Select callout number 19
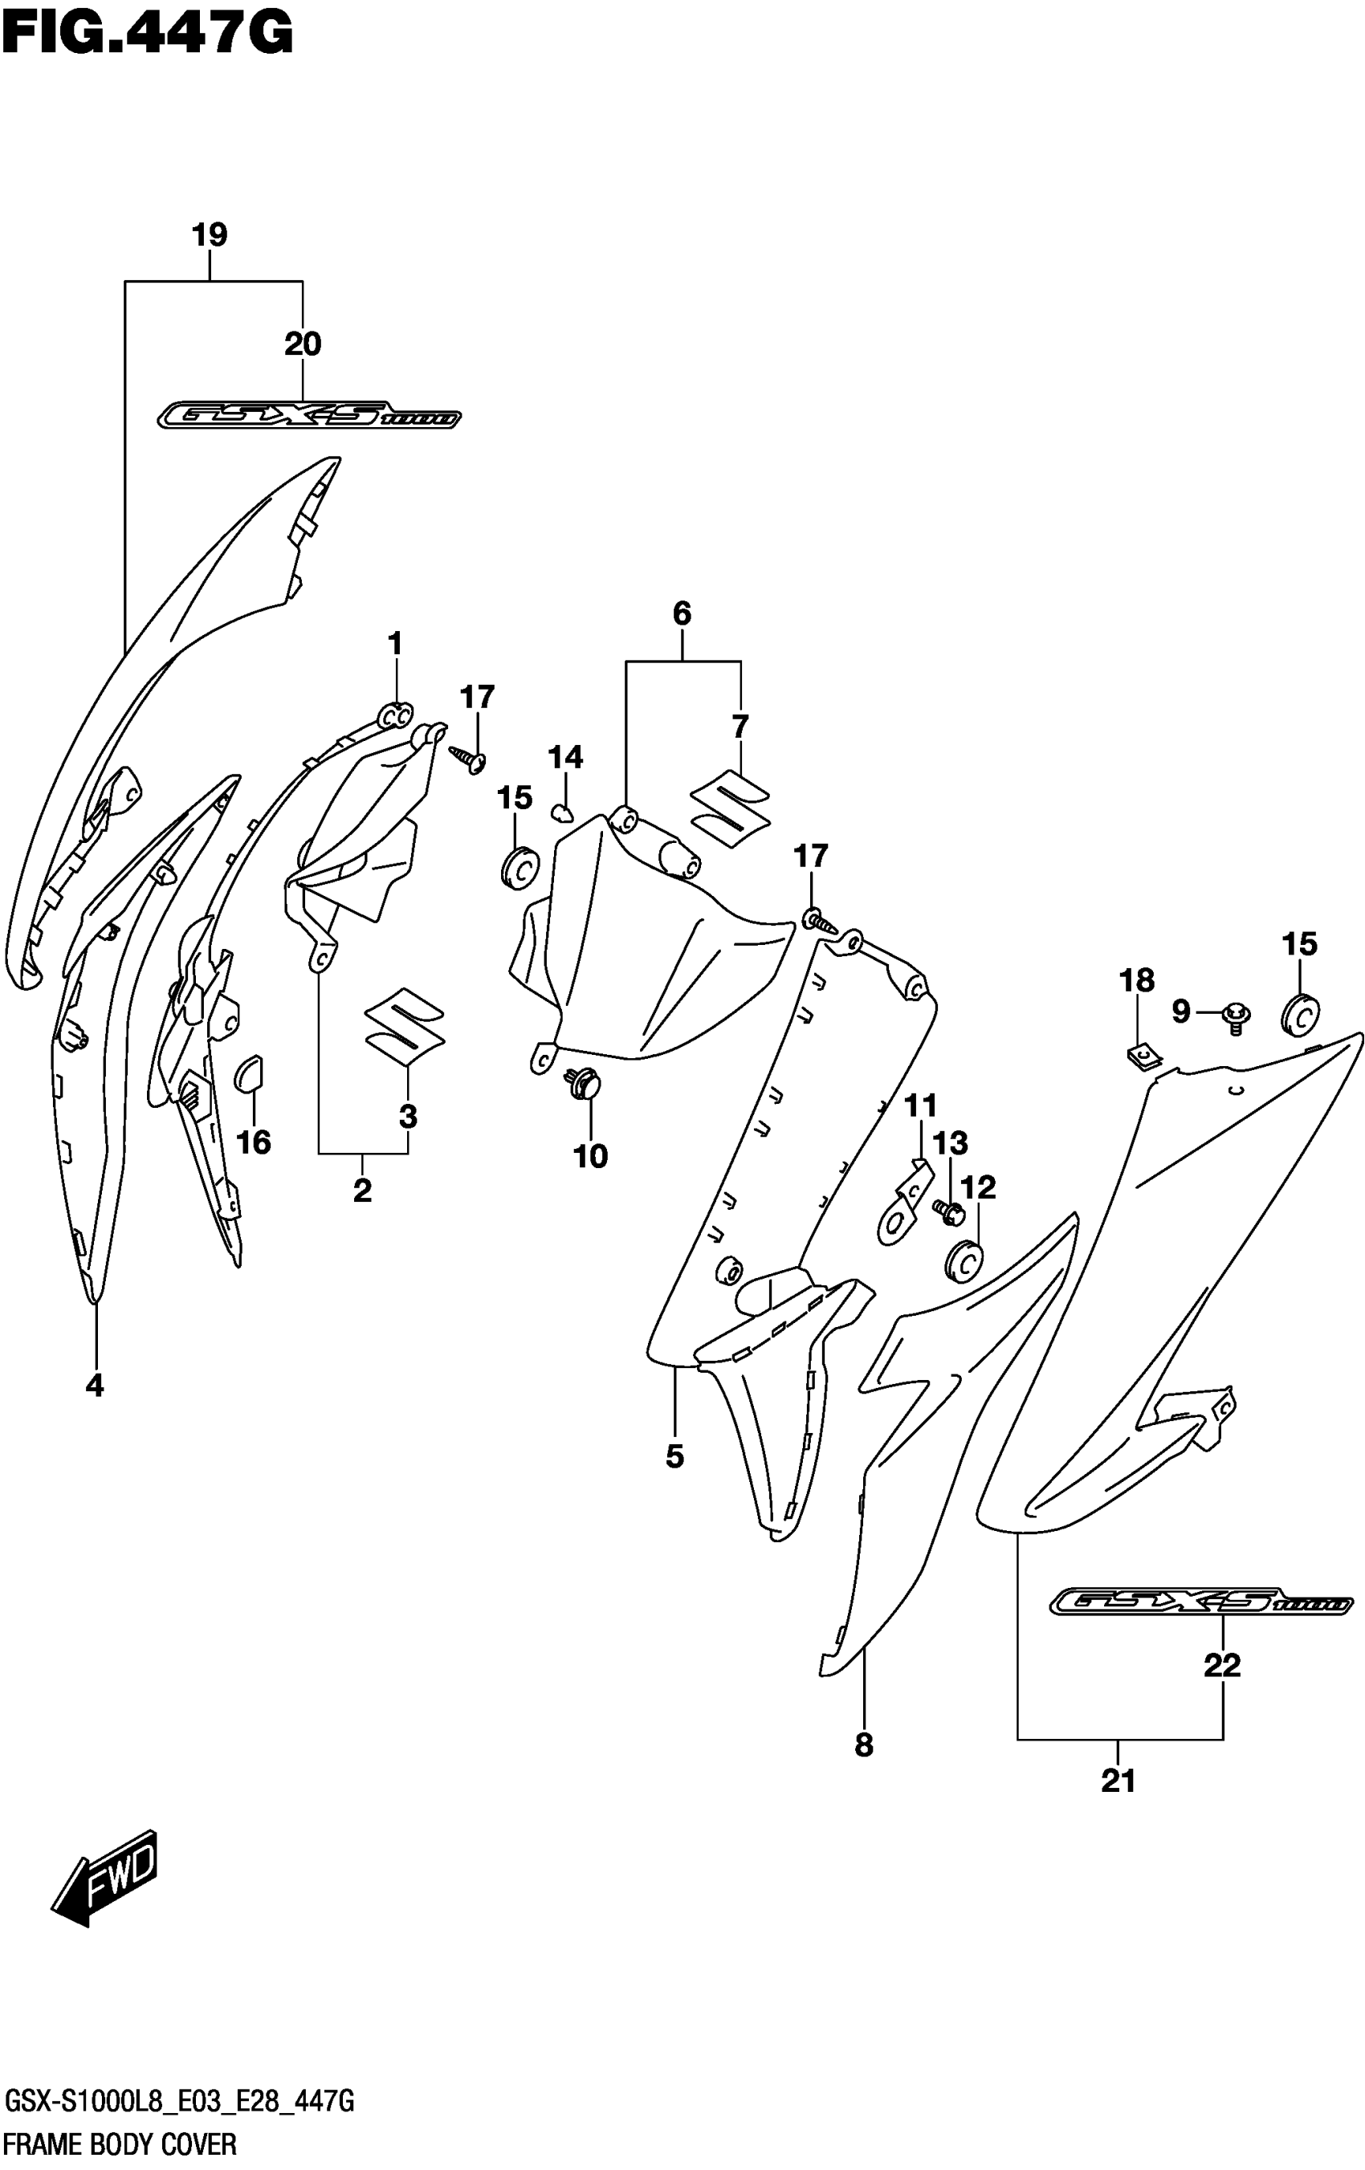[210, 235]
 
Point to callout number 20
[303, 344]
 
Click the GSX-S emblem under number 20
[309, 415]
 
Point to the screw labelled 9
[1235, 1015]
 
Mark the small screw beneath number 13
[947, 1211]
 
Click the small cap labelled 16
[249, 1073]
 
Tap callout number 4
[95, 1385]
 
